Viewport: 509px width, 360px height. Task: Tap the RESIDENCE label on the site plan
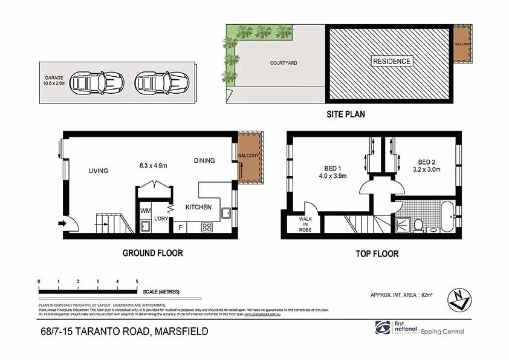pos(392,61)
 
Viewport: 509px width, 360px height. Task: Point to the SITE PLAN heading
pos(346,114)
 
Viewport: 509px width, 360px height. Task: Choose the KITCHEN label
pos(198,208)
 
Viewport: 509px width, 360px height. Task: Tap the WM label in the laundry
pos(145,211)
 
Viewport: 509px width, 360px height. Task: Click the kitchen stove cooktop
pos(206,227)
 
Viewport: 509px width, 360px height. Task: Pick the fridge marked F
pos(180,227)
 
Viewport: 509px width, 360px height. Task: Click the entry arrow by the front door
pos(62,223)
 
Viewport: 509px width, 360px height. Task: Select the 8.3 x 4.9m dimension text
pos(152,165)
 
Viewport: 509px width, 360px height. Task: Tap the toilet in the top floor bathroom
pos(417,225)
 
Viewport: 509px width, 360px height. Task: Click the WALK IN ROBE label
pos(305,224)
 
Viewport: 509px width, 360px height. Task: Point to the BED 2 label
pos(427,162)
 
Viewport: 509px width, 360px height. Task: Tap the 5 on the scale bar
pos(137,281)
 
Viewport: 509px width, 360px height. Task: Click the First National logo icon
pos(382,327)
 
